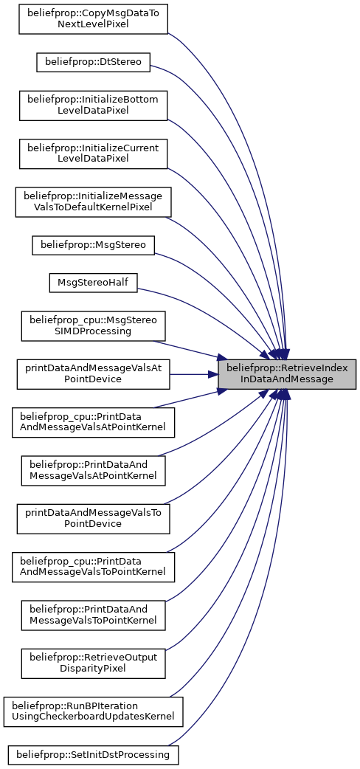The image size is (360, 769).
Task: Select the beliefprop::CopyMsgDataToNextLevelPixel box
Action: coord(93,19)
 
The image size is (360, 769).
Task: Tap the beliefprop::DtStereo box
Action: coord(93,63)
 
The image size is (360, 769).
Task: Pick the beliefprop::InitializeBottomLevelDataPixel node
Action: coord(93,106)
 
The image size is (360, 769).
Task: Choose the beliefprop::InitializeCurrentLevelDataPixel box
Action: coord(93,154)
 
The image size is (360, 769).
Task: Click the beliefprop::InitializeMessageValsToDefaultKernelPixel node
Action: coord(93,201)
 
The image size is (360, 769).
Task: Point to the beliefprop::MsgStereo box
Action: coord(93,245)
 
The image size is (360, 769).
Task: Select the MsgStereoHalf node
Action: coord(93,283)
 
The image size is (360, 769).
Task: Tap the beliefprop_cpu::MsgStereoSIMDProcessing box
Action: coord(93,326)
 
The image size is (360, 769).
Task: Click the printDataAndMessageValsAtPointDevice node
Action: coord(93,374)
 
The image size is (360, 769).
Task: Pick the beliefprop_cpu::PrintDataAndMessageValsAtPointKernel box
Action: coord(93,422)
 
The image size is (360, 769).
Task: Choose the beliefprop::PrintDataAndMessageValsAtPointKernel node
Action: coord(93,470)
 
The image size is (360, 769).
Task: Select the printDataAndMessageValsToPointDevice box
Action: coord(93,518)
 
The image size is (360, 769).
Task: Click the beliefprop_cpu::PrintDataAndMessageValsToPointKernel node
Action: coord(93,567)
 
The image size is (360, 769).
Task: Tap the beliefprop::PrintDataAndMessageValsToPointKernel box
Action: coord(93,615)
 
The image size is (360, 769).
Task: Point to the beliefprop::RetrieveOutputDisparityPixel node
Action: coord(93,663)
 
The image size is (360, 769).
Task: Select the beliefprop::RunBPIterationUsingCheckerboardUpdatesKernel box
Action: coord(93,711)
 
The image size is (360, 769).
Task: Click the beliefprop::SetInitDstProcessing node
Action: coord(93,754)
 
